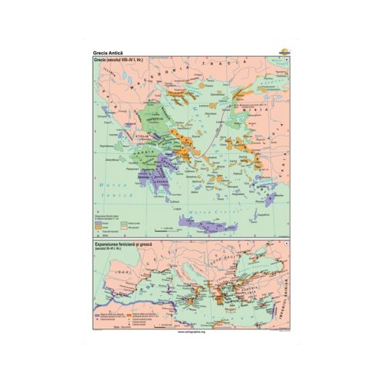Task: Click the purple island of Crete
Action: coord(201,221)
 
